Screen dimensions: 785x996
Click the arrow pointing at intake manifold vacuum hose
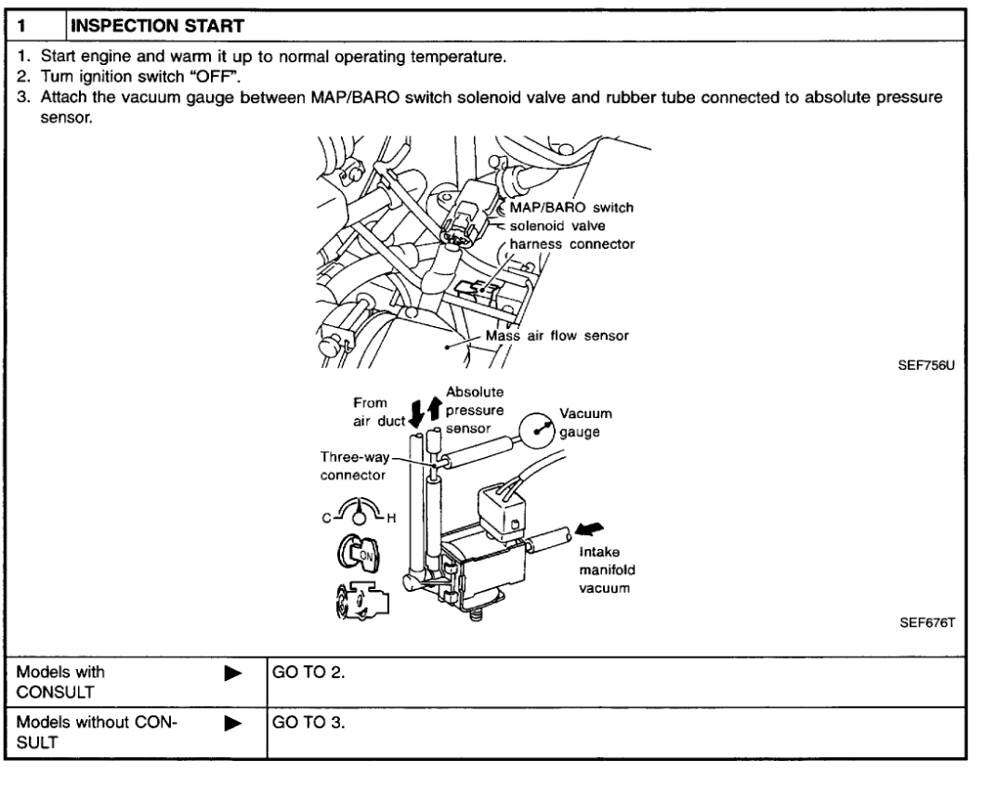(x=586, y=530)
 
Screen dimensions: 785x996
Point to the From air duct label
(x=377, y=412)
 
